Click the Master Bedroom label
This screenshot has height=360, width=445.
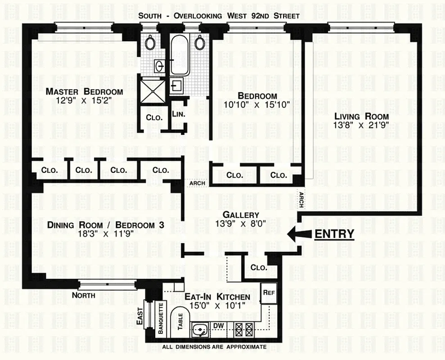(84, 91)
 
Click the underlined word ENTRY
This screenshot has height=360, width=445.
(334, 234)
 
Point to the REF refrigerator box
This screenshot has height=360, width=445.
(269, 292)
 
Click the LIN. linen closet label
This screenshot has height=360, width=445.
(178, 114)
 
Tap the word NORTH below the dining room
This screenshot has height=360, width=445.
(84, 296)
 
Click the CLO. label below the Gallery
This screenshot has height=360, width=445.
(259, 267)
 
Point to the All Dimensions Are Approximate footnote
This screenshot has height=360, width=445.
(215, 347)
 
